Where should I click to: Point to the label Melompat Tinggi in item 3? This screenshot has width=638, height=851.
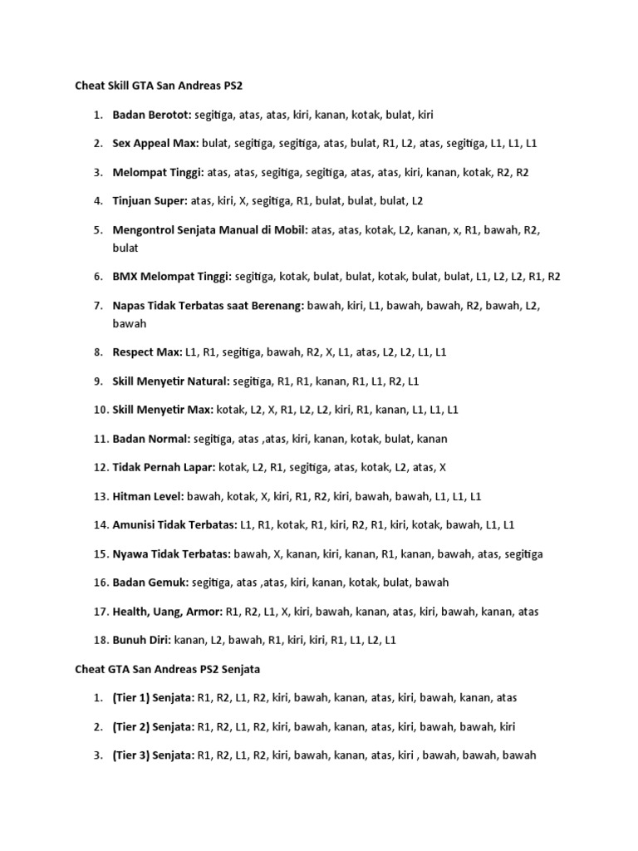pos(158,172)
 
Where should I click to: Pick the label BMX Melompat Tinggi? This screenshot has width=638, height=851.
pos(172,277)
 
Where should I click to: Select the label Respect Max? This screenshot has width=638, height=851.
pos(147,352)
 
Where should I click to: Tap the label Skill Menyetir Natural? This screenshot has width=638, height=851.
pos(171,381)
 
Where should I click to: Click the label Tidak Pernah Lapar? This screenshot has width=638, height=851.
pos(163,467)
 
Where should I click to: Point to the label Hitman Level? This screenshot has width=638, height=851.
pos(148,496)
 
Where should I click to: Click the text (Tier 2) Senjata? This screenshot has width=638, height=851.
pos(153,726)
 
